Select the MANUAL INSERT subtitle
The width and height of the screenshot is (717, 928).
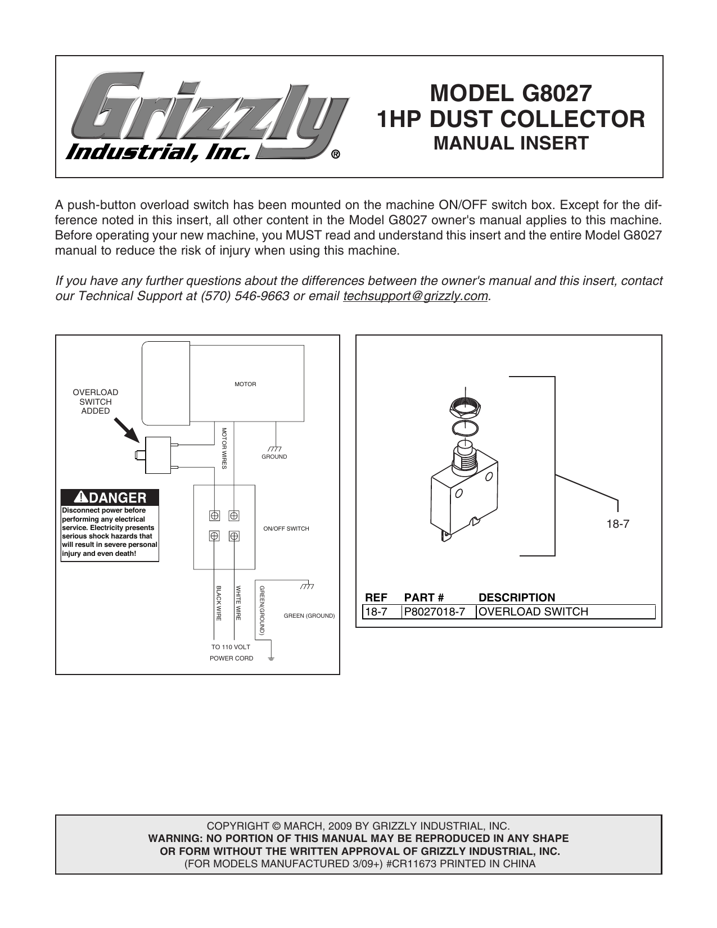tap(511, 143)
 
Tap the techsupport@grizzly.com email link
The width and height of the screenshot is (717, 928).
tap(415, 296)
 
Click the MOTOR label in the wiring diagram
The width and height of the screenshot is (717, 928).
tap(245, 384)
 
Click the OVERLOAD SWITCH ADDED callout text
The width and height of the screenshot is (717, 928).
tap(96, 401)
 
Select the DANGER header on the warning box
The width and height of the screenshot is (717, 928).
tap(110, 497)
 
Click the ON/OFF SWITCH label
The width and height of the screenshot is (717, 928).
tap(286, 529)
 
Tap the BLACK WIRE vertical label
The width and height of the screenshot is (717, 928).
tap(219, 603)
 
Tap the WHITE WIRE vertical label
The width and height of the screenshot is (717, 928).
tap(238, 603)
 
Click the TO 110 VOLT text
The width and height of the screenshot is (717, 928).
tap(231, 647)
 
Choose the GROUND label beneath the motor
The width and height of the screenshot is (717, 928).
tap(274, 457)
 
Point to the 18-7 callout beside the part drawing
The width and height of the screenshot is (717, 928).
tap(617, 524)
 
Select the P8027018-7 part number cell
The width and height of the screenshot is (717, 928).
tap(435, 612)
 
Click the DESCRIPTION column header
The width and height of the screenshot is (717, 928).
tap(516, 597)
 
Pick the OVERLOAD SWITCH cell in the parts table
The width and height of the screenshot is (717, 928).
tap(533, 612)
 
